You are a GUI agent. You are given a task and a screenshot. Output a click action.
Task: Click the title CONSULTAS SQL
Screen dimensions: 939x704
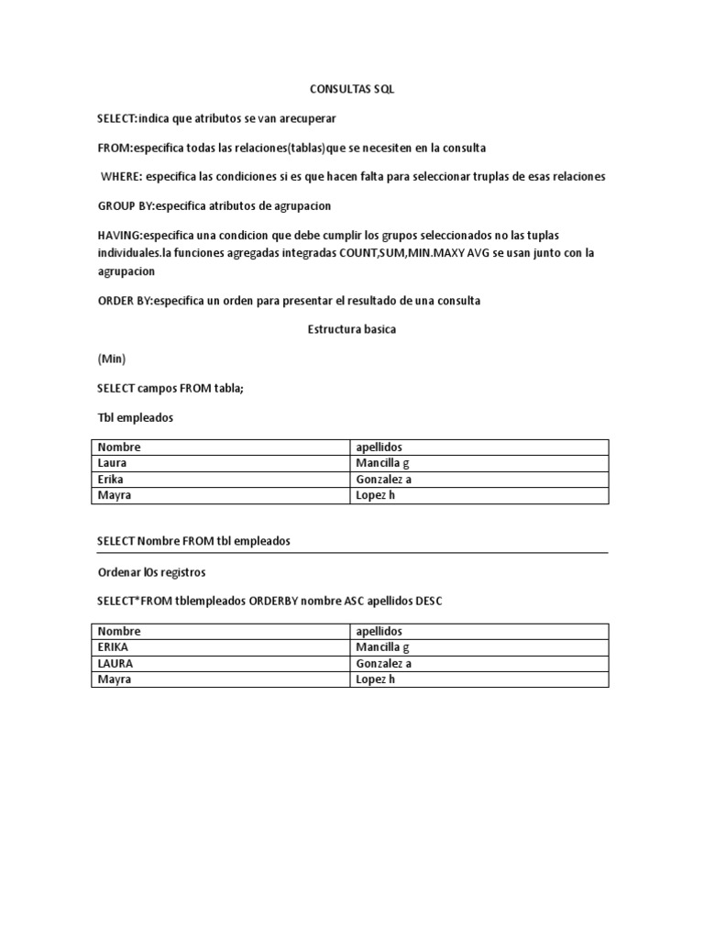(351, 89)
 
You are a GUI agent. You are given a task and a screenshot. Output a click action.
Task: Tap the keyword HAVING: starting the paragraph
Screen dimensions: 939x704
(121, 236)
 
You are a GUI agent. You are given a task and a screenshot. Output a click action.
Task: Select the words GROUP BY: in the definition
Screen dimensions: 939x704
(126, 205)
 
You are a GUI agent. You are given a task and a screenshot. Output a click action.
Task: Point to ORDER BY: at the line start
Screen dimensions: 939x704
(125, 301)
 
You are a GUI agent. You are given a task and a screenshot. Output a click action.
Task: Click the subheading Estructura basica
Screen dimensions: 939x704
(351, 329)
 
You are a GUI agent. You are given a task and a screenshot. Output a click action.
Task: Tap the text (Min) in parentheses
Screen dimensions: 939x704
(111, 359)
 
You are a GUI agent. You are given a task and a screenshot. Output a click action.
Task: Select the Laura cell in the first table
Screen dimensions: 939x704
(112, 463)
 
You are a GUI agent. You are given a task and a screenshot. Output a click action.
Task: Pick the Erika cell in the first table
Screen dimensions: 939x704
(111, 480)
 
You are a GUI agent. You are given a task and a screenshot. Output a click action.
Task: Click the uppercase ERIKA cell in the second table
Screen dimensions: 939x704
(113, 647)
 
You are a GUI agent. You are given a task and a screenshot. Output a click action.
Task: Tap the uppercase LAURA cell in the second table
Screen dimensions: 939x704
(115, 664)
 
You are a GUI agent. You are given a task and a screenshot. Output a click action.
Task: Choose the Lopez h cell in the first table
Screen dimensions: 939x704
(374, 496)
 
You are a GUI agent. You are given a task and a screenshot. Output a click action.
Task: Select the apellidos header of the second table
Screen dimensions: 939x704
(379, 631)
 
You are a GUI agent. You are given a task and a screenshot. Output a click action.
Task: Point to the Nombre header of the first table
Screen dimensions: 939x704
(119, 447)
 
